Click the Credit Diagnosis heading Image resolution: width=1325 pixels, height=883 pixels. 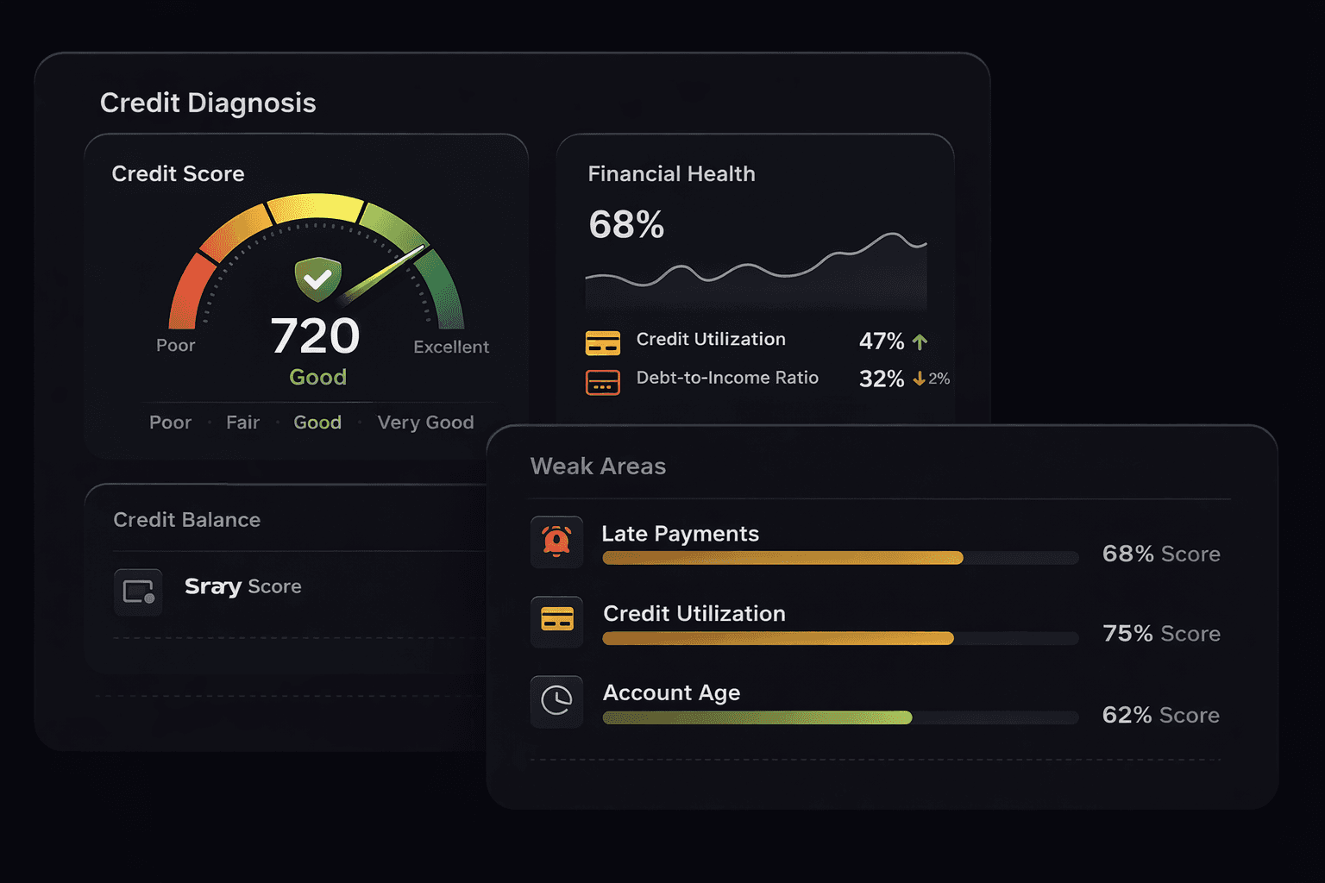click(x=208, y=103)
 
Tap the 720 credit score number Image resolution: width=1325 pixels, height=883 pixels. click(x=315, y=335)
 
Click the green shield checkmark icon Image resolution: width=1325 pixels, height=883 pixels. click(x=317, y=279)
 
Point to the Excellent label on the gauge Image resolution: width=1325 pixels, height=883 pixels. click(x=450, y=347)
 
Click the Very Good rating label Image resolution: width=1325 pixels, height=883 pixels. click(x=425, y=423)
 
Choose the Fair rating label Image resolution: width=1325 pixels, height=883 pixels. click(x=242, y=423)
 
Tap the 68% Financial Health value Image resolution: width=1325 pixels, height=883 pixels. click(x=626, y=225)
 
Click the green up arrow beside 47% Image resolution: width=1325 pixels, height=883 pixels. click(x=920, y=341)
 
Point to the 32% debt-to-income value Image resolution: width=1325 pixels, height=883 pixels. click(x=881, y=379)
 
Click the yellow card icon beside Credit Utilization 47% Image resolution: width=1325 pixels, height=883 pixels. click(x=603, y=342)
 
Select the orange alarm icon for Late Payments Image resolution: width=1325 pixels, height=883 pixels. click(x=556, y=542)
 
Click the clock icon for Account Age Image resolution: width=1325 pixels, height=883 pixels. click(x=556, y=701)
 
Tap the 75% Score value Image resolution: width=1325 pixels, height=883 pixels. click(x=1161, y=634)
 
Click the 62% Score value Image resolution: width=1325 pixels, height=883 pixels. click(x=1160, y=715)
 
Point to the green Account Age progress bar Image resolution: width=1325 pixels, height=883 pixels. click(x=757, y=717)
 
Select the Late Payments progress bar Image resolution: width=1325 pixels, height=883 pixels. click(x=782, y=558)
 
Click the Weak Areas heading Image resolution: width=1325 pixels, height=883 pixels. click(x=598, y=467)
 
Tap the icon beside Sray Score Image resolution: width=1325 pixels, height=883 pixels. click(x=138, y=592)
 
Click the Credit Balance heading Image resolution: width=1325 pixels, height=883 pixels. click(x=187, y=520)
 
